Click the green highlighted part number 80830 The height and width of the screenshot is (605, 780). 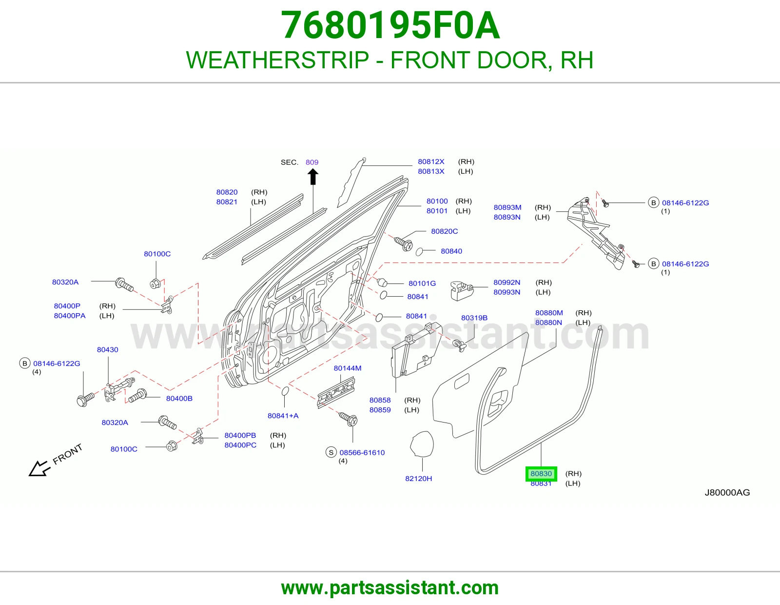click(541, 473)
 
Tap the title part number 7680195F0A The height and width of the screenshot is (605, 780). click(390, 25)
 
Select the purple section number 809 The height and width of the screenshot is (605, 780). click(312, 162)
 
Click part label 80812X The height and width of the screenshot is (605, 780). click(431, 161)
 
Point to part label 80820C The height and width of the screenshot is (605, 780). click(445, 231)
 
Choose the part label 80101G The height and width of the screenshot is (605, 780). click(422, 283)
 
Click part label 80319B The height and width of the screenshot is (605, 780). click(474, 318)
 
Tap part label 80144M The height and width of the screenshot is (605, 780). click(348, 368)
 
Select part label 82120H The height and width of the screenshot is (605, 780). click(419, 479)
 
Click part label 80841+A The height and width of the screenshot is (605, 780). click(283, 416)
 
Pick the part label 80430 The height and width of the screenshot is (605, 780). click(107, 349)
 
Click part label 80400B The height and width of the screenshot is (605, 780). click(179, 399)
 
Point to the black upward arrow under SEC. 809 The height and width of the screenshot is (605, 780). click(313, 177)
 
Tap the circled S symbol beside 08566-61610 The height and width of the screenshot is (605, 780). click(331, 452)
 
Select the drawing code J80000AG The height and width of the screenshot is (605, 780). click(727, 493)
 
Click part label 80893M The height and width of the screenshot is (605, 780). click(507, 207)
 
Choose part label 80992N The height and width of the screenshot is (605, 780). click(507, 282)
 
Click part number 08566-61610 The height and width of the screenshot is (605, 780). click(362, 453)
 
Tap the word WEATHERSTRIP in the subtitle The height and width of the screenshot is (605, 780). click(277, 60)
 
